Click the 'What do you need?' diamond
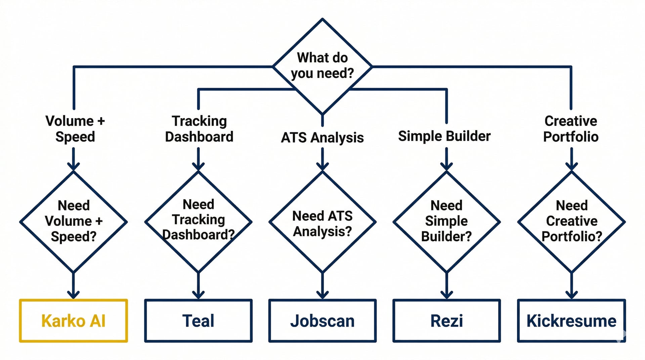coord(322,66)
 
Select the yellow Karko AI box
coord(73,321)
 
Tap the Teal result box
coord(198,321)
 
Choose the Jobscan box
coord(322,321)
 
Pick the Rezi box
coord(446,321)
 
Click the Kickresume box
coord(571,321)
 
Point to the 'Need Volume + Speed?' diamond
coord(73,222)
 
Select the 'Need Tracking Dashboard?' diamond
coord(198,222)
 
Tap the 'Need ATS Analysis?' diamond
coord(322,222)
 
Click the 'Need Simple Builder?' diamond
coord(446,222)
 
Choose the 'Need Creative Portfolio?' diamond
coord(571,222)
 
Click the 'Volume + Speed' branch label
coord(75,129)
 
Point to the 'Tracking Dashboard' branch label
coord(199,129)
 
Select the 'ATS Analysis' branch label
coord(322,137)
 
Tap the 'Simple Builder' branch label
coord(444,136)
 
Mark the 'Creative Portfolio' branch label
coord(571,129)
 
